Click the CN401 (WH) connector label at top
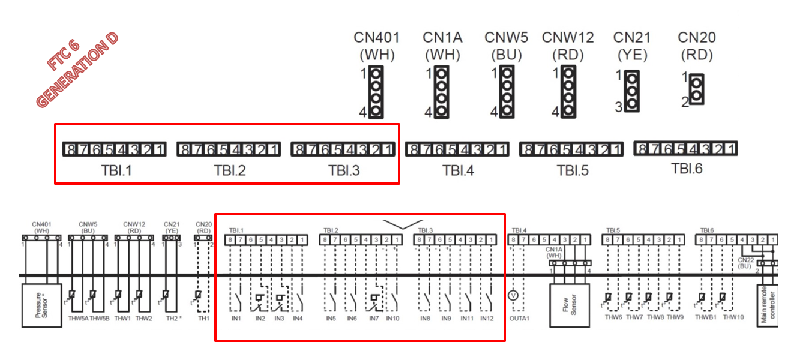click(376, 46)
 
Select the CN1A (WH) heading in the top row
click(442, 46)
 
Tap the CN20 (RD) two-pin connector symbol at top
click(696, 89)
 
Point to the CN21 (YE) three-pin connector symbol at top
click(631, 91)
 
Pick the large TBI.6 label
click(687, 169)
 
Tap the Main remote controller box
click(768, 305)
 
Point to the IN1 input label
click(236, 318)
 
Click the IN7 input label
click(374, 318)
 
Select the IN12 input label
click(487, 318)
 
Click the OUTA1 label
click(520, 318)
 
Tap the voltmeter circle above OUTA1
click(513, 295)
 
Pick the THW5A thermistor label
click(78, 318)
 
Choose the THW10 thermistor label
click(733, 317)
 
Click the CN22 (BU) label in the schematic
click(744, 262)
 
